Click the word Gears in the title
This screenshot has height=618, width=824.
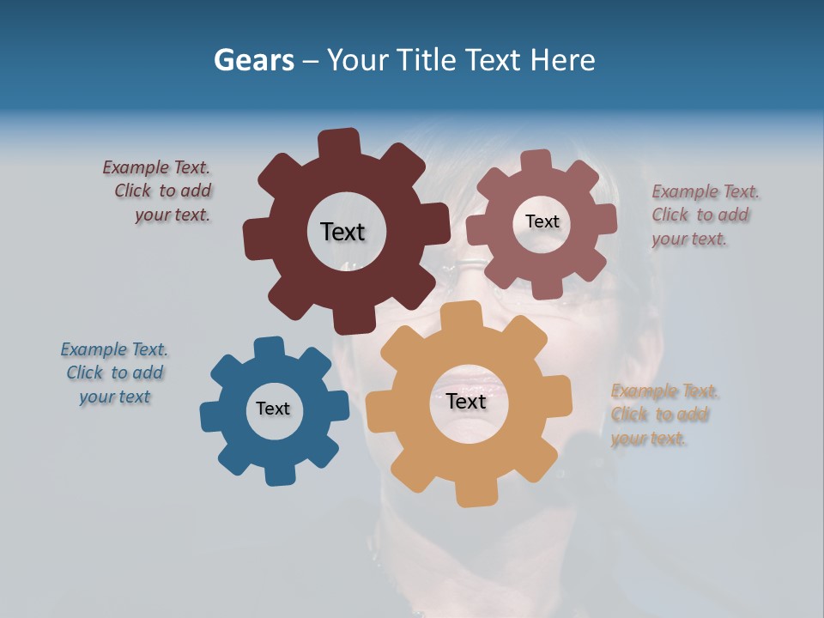[x=253, y=60]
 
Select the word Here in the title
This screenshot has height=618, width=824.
[x=562, y=60]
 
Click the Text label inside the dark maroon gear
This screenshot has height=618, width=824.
[x=342, y=232]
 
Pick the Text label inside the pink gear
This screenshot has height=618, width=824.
[x=542, y=221]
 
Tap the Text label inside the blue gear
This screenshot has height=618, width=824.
[x=273, y=409]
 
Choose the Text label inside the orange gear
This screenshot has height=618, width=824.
[x=466, y=402]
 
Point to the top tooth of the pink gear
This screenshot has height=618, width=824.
[x=536, y=161]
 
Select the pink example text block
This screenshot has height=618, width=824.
[x=704, y=215]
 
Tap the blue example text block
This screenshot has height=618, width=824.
[x=114, y=373]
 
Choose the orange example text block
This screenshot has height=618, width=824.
[x=663, y=415]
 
